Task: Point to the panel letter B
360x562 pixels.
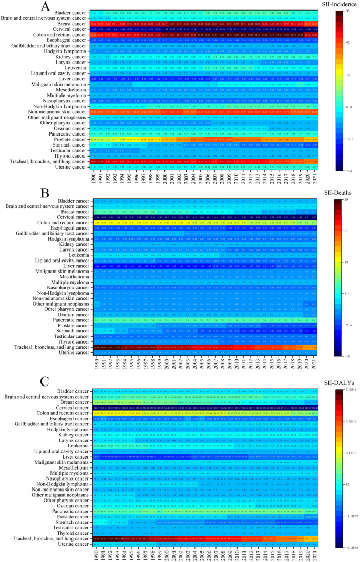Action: coord(45,193)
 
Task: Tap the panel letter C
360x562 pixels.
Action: coord(45,379)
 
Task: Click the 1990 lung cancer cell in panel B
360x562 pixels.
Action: coord(95,348)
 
